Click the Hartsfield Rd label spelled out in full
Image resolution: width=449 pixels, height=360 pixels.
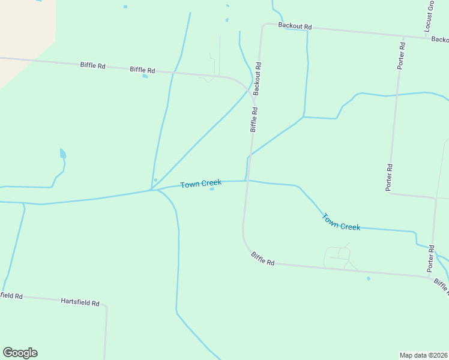[80, 302]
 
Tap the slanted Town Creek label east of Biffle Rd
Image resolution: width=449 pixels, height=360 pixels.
[341, 222]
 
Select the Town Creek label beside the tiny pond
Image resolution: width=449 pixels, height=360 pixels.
[200, 183]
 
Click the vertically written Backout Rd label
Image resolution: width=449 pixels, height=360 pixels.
[257, 79]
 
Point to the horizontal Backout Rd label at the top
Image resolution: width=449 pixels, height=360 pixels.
[295, 27]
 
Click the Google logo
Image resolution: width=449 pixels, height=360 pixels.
[20, 353]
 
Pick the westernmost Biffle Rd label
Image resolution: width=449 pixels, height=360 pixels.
[92, 65]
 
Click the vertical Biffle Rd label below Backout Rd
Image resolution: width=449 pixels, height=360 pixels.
[254, 119]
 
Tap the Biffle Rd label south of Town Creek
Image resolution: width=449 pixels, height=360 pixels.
[262, 259]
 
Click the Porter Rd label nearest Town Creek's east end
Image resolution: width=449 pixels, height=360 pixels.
[431, 257]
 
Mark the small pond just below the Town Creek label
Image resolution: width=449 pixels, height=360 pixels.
[212, 190]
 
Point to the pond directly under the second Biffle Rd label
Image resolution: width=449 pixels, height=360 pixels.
[145, 76]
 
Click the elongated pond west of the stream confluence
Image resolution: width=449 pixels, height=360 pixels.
[63, 154]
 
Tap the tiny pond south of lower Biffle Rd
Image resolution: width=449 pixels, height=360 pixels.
[369, 278]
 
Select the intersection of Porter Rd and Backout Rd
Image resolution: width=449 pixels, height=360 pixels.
[403, 37]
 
